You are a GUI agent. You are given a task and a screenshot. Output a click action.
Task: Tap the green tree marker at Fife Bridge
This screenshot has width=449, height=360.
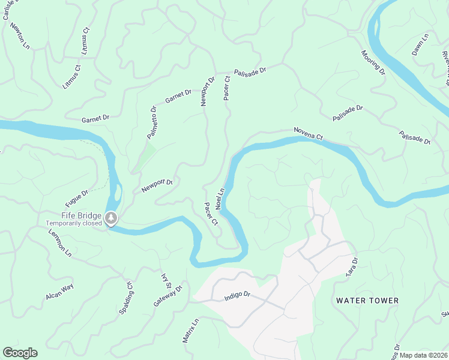[x=110, y=217]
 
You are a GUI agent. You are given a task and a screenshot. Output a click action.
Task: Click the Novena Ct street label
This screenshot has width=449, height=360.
[x=309, y=133]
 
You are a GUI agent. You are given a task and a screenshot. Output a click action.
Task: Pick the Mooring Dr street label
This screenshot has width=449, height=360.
[x=373, y=62]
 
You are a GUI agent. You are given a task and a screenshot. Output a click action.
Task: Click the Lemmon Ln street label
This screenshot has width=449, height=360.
[x=60, y=245]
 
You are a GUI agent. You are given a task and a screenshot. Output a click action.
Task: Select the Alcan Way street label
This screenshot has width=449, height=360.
[x=59, y=292]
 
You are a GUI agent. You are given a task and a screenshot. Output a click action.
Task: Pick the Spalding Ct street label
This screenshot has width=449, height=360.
[x=125, y=296]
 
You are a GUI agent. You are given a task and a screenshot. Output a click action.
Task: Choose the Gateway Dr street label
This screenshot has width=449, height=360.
[x=167, y=296]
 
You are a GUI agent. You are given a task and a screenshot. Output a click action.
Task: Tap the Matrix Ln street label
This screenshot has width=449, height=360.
[x=190, y=331]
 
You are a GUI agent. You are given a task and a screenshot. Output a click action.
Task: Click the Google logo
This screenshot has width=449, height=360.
[x=20, y=353]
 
